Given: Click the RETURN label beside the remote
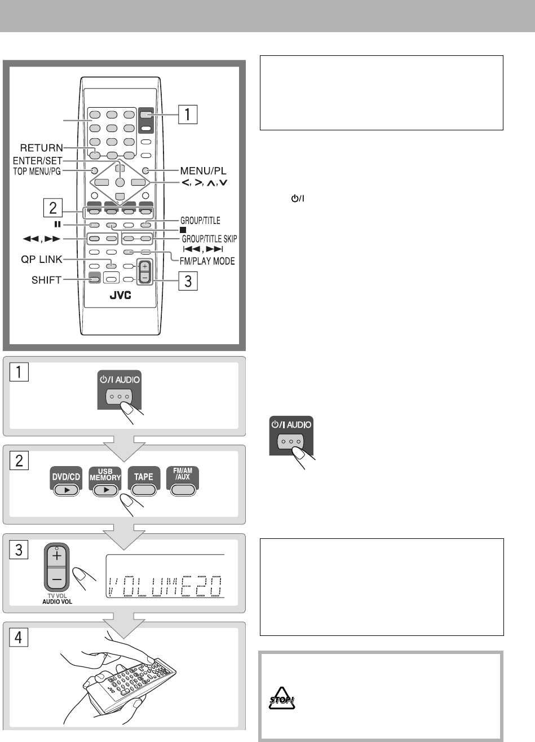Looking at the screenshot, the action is coord(41,147).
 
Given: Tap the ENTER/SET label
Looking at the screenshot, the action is coord(37,161).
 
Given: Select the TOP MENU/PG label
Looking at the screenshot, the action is coord(37,172).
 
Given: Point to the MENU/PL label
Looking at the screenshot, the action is coord(203,171).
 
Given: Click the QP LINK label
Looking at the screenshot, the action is coord(42,260).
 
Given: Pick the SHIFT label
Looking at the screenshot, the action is coord(46,280).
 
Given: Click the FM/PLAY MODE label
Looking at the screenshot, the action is coord(207,261).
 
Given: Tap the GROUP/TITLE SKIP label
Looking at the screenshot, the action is coord(209,239).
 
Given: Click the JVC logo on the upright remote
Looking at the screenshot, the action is coord(121,295).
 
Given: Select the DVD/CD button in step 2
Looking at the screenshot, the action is coord(66,481).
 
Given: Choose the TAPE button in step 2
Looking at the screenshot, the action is coord(144,481).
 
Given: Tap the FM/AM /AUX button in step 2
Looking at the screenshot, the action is coord(183,481).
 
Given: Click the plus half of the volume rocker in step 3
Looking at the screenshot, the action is coord(57,555).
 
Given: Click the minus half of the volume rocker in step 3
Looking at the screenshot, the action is coord(57,579).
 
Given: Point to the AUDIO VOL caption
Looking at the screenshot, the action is coord(58,601).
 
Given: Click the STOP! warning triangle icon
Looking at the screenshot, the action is coord(281,699).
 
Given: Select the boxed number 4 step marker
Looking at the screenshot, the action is coord(19,637).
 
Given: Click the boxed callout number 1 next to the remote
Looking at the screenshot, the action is coord(188,115).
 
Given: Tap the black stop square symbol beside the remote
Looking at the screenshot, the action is coord(183,230).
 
